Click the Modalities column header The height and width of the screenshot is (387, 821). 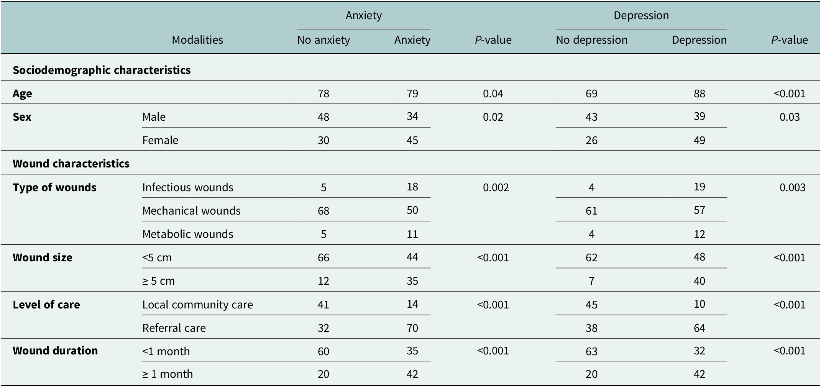[x=197, y=40]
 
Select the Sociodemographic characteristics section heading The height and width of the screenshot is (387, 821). [x=102, y=70]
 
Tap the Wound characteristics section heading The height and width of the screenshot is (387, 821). [x=71, y=164]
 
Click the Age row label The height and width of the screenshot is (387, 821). [x=22, y=94]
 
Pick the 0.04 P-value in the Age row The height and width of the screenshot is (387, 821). [x=493, y=94]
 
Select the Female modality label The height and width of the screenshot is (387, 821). [x=160, y=140]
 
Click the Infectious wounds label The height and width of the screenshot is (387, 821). [x=187, y=187]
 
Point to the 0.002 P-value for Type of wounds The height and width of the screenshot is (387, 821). [x=496, y=187]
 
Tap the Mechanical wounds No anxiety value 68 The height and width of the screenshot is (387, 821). [x=323, y=211]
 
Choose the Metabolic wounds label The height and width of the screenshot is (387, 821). [x=187, y=234]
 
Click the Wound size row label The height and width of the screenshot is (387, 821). [x=42, y=257]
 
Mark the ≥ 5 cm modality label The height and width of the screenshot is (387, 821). [x=158, y=281]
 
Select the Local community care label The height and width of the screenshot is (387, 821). [x=197, y=305]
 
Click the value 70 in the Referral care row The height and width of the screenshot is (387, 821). [x=412, y=328]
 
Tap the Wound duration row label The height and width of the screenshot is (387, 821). [x=55, y=351]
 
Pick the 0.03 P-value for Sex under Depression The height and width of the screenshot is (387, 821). [x=789, y=117]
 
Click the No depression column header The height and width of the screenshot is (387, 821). [x=591, y=40]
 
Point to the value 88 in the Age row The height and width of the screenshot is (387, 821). [x=699, y=94]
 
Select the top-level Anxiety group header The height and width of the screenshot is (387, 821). [x=363, y=15]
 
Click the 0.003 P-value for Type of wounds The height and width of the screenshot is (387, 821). [x=792, y=187]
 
